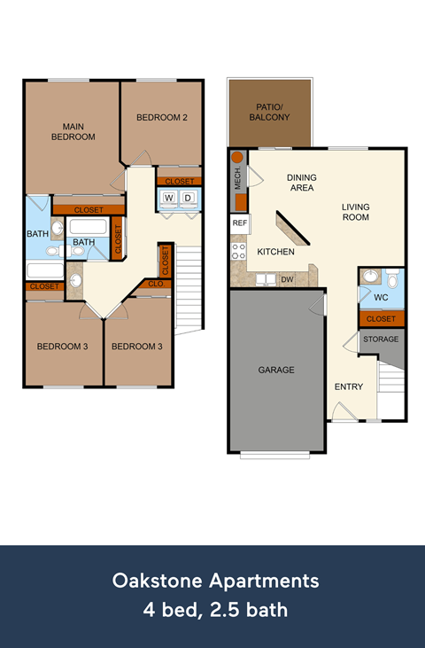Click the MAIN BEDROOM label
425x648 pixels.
(73, 131)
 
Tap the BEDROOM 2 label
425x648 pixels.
(161, 117)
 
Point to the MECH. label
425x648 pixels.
(238, 180)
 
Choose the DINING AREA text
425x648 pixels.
(301, 183)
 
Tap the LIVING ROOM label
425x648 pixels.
(356, 212)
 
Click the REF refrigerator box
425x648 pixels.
(239, 223)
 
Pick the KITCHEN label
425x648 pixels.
(275, 252)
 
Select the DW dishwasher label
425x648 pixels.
(287, 279)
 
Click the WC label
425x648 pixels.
(382, 297)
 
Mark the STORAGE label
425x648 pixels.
(381, 339)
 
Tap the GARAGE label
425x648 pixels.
(276, 370)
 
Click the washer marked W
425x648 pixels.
(169, 198)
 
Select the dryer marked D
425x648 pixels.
(189, 198)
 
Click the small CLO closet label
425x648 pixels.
(155, 285)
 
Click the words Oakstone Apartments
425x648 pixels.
(215, 582)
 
